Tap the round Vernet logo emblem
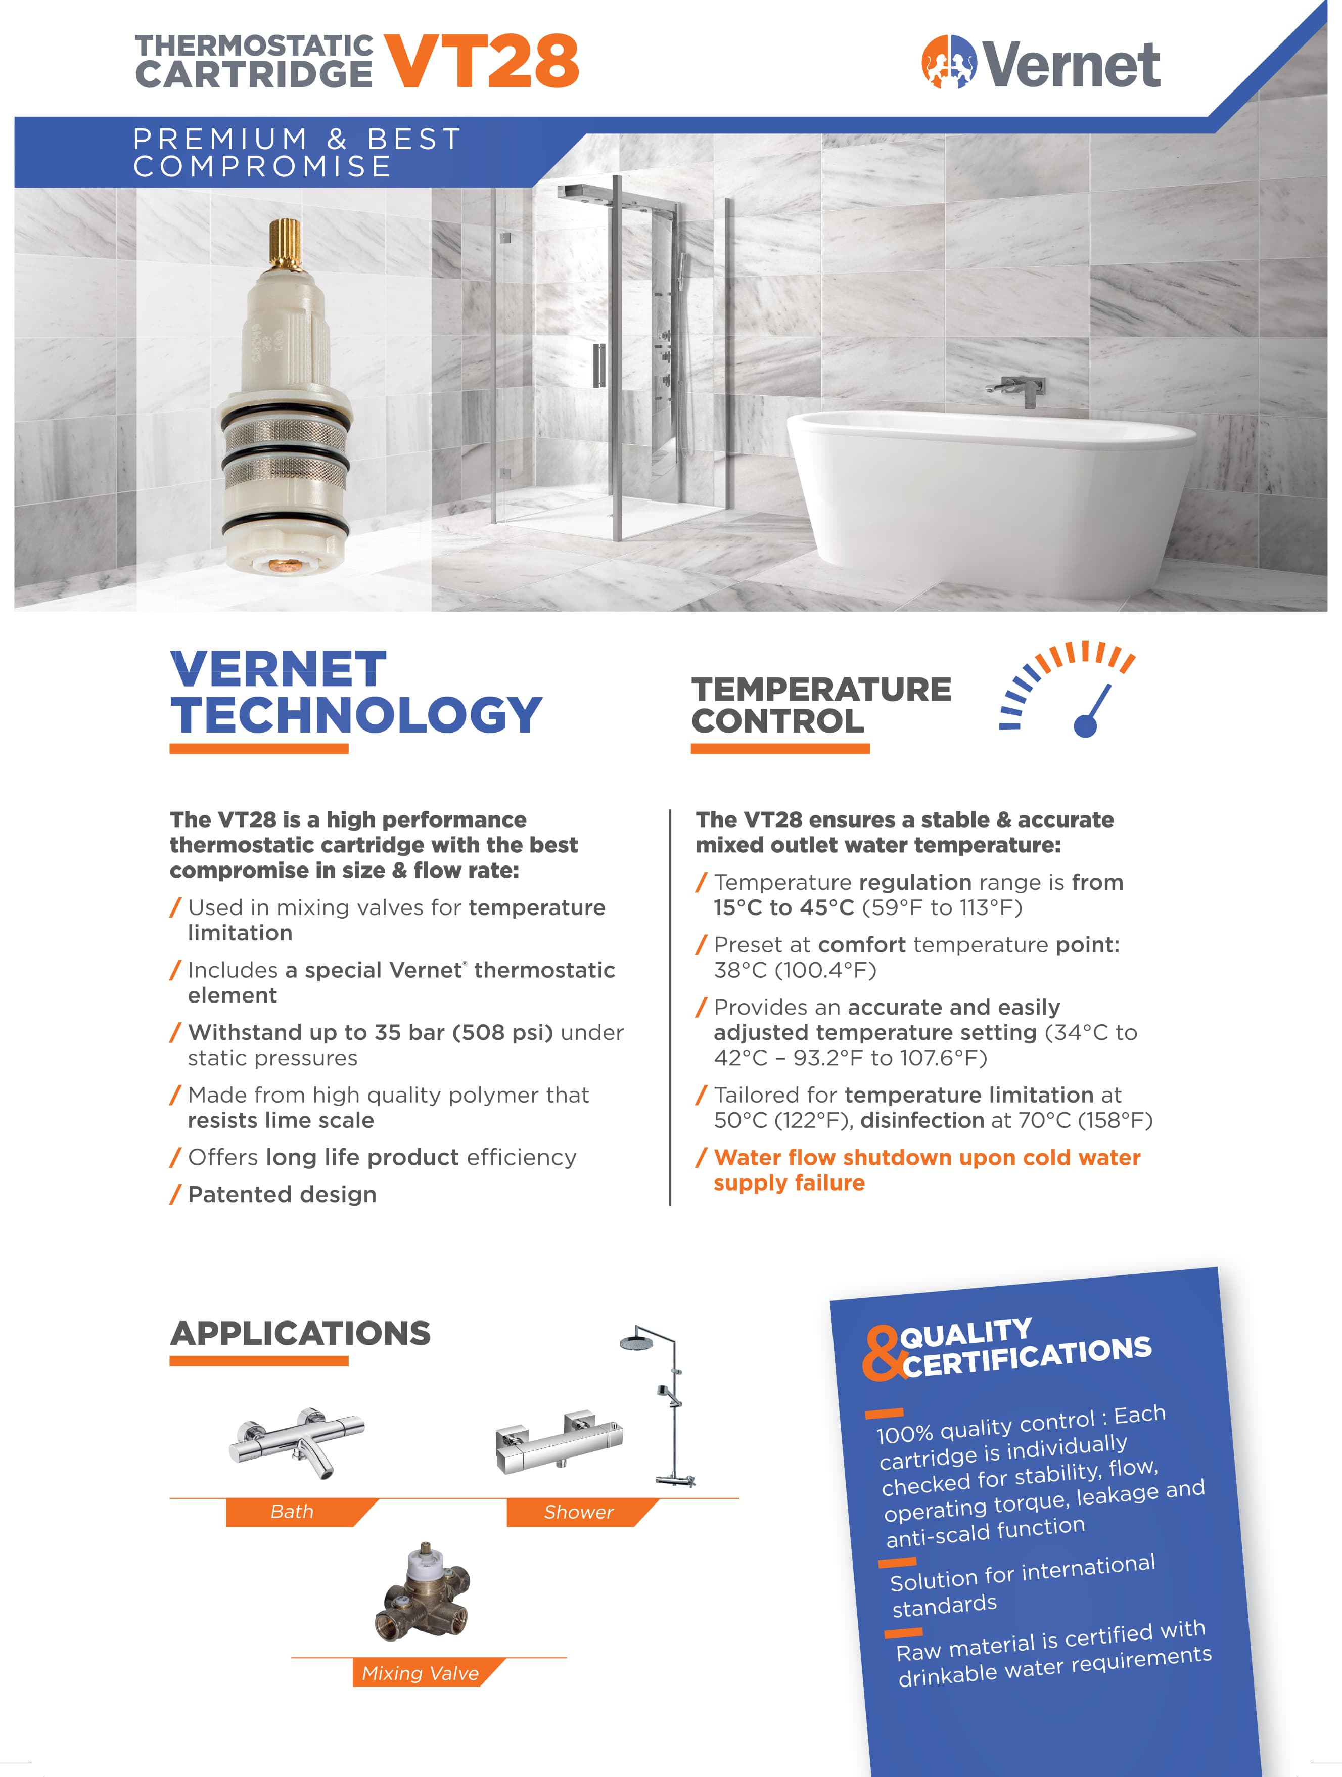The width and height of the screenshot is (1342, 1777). point(948,61)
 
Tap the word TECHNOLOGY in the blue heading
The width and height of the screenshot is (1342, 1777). point(356,715)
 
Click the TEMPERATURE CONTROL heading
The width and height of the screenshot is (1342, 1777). point(821,705)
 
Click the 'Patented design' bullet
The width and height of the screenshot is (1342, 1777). point(282,1195)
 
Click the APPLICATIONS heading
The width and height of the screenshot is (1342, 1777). point(300,1334)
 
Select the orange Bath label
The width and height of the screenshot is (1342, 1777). point(292,1512)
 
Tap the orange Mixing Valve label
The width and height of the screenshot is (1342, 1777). point(420,1673)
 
